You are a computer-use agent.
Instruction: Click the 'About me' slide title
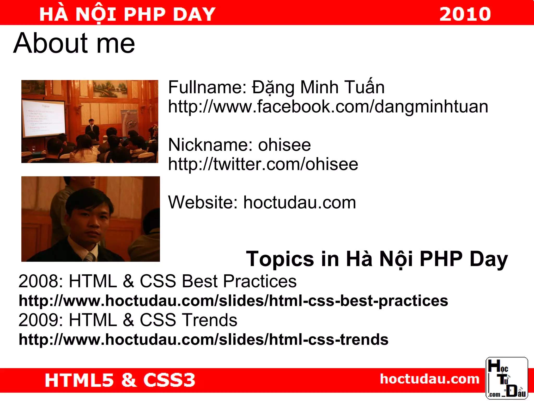[x=74, y=43]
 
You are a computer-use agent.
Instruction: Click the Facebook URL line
[x=328, y=107]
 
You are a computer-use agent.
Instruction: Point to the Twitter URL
[x=263, y=164]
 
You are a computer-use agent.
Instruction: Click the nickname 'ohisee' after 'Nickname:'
[x=284, y=145]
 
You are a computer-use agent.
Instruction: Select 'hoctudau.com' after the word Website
[x=300, y=203]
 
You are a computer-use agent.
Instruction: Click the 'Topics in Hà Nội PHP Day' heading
[x=377, y=259]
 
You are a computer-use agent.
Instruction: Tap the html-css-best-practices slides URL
[x=233, y=301]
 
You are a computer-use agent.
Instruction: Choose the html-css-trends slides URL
[x=204, y=339]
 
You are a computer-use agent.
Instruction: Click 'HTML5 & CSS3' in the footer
[x=120, y=380]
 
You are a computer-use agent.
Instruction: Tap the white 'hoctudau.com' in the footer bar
[x=430, y=379]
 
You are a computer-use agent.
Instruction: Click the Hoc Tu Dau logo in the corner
[x=507, y=378]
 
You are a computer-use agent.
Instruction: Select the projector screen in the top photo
[x=43, y=119]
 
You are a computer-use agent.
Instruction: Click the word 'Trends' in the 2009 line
[x=209, y=320]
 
